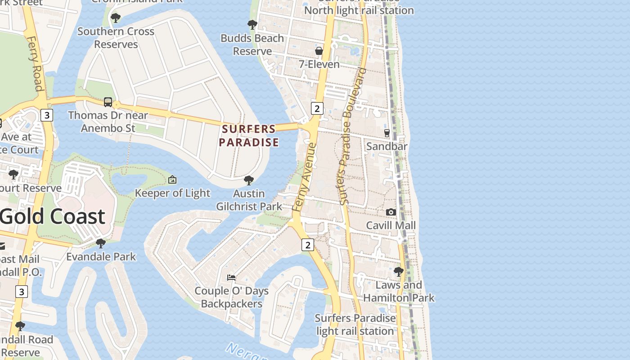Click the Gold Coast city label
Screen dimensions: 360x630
(53, 216)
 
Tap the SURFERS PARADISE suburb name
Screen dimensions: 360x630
(249, 135)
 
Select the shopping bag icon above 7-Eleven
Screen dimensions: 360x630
(319, 51)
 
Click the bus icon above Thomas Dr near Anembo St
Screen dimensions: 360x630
(108, 102)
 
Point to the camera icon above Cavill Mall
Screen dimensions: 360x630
(391, 212)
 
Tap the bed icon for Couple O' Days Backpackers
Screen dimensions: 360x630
(231, 277)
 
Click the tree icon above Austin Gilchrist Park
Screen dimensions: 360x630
(248, 180)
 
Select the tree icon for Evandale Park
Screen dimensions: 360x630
(101, 243)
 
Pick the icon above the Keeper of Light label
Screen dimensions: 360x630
(172, 180)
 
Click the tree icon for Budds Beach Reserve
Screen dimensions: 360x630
(252, 24)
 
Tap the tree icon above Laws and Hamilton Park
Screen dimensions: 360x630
(398, 272)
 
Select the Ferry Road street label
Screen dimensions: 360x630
(35, 63)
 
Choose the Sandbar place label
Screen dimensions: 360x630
(387, 146)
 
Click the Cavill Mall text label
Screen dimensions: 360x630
(391, 225)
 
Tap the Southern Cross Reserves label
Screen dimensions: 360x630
(116, 38)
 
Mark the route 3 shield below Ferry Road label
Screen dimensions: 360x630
(46, 115)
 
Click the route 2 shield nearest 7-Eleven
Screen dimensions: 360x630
(317, 108)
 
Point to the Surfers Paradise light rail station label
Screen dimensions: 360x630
(355, 324)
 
